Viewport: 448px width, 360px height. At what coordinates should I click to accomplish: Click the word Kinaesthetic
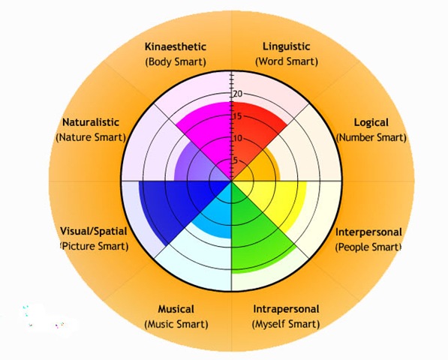click(x=176, y=46)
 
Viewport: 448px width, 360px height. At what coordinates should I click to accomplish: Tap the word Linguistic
click(x=287, y=46)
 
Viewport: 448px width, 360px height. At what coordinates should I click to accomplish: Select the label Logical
click(x=371, y=123)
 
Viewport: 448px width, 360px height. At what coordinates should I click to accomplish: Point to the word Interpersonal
click(x=368, y=232)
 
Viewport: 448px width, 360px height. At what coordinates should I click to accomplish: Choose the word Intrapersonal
click(x=287, y=309)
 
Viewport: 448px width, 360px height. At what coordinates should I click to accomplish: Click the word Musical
click(x=176, y=309)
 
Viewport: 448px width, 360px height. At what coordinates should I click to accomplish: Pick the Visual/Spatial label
click(x=94, y=231)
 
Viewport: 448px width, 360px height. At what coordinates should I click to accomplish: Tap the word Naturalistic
click(x=91, y=122)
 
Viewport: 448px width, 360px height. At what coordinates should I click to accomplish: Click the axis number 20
click(x=238, y=94)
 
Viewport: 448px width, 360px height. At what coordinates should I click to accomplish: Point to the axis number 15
click(x=238, y=116)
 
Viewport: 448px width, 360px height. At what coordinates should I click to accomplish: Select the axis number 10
click(x=238, y=139)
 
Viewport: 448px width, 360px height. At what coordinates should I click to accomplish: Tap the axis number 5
click(x=236, y=160)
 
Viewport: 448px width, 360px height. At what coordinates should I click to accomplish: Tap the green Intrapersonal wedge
click(x=251, y=234)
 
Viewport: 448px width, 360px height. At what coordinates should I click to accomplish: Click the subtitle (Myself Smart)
click(x=286, y=324)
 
